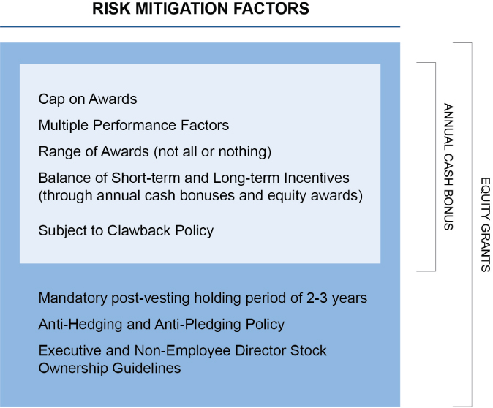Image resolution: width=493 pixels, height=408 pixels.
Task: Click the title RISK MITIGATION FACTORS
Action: click(x=200, y=10)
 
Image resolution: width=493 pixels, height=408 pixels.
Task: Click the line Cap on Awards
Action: click(x=88, y=99)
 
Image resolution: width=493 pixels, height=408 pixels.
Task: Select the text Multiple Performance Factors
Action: click(x=133, y=125)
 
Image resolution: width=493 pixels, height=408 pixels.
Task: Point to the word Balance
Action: click(x=63, y=178)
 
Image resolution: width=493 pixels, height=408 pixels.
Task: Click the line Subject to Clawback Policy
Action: click(x=126, y=230)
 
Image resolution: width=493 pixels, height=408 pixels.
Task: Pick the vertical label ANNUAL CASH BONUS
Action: click(x=448, y=167)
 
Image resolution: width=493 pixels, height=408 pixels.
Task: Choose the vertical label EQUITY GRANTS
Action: click(x=485, y=224)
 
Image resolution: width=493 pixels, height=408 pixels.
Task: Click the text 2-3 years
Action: click(x=339, y=298)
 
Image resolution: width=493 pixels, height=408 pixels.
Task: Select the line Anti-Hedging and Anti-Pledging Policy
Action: click(x=161, y=323)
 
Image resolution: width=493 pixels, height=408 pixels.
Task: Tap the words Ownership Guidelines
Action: click(x=109, y=368)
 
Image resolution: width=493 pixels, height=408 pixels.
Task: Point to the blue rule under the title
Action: click(x=200, y=26)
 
